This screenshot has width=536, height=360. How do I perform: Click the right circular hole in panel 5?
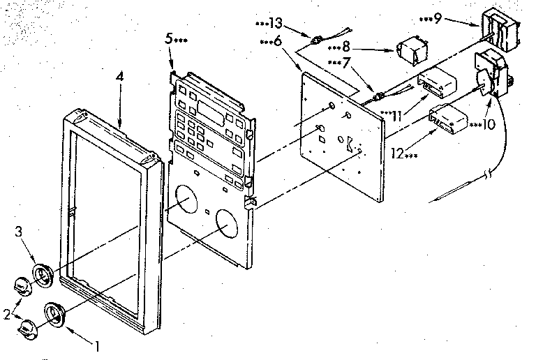click(229, 225)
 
